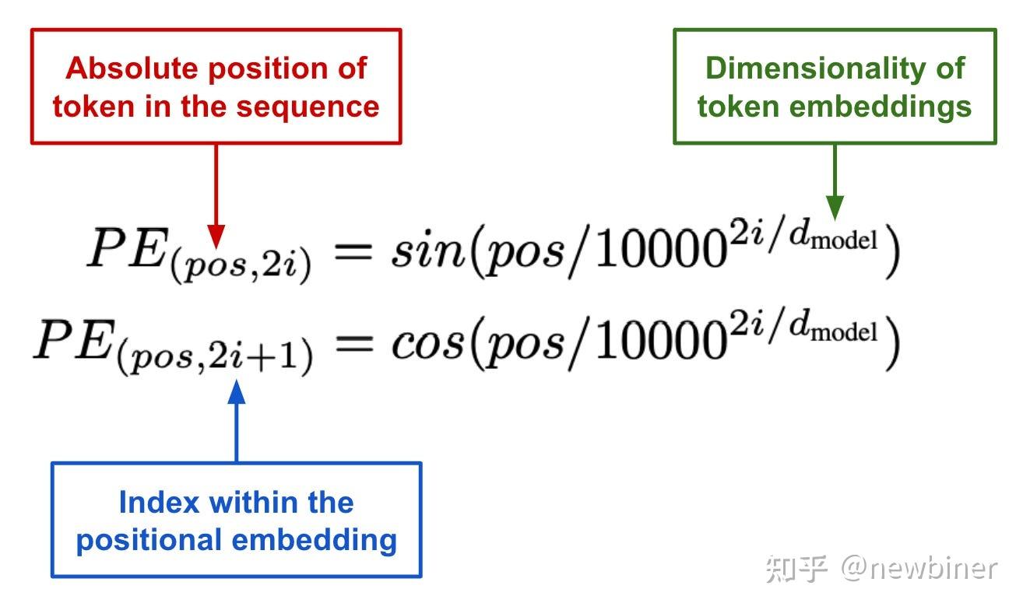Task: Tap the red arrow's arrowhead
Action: pos(216,236)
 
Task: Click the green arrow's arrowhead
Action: pos(835,207)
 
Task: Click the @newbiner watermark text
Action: pos(919,568)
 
